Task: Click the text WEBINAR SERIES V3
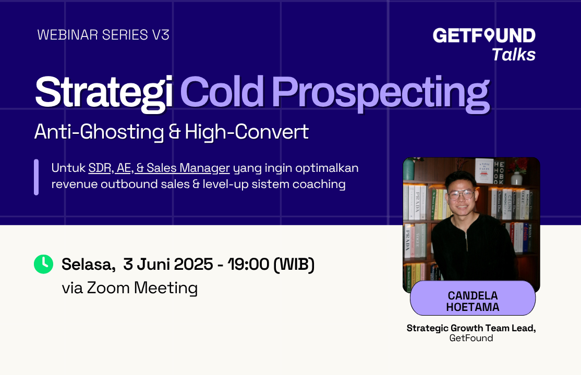point(103,35)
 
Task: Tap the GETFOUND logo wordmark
point(484,35)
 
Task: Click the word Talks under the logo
point(514,55)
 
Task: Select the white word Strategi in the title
point(104,93)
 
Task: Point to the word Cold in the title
point(222,92)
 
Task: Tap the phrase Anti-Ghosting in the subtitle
point(99,132)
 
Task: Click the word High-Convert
point(247,132)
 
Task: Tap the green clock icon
point(44,264)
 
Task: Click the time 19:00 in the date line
point(249,264)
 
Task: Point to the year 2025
point(193,264)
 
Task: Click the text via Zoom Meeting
point(130,288)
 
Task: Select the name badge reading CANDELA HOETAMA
point(473,298)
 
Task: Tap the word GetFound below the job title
point(471,338)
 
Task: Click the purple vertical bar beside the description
point(37,177)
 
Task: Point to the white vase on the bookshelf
point(516,178)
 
